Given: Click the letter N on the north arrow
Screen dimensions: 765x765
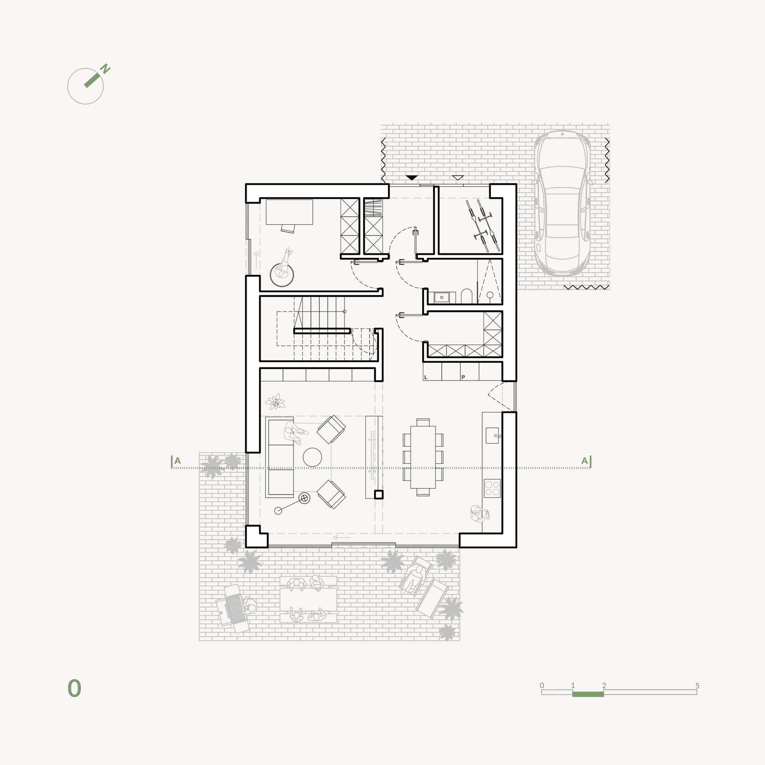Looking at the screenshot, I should (x=105, y=69).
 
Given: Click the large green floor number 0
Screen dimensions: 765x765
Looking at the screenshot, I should (x=75, y=688).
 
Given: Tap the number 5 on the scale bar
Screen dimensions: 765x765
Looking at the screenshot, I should (x=697, y=686).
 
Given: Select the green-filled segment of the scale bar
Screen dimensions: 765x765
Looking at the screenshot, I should (x=588, y=694).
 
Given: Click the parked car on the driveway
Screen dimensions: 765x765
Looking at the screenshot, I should (x=562, y=203).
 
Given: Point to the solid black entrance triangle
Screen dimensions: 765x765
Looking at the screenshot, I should (x=412, y=177).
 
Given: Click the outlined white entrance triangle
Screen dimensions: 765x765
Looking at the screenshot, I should (x=458, y=178).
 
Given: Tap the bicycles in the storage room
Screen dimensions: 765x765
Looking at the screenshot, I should (x=483, y=225).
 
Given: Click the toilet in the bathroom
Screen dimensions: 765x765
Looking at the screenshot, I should (x=466, y=296).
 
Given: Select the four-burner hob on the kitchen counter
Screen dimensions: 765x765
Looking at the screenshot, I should (x=492, y=488).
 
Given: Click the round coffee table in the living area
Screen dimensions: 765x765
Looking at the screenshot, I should (x=312, y=457).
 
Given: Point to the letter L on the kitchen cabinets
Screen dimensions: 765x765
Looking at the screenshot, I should (x=426, y=377).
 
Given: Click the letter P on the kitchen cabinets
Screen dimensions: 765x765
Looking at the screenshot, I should (x=463, y=377).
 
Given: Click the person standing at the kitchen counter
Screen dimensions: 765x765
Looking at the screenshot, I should (x=478, y=514).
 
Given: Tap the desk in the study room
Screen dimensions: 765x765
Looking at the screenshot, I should (x=289, y=212).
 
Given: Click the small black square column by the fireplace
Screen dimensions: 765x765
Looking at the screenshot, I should (x=379, y=495).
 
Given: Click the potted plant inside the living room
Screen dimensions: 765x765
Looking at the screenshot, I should (x=275, y=402).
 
